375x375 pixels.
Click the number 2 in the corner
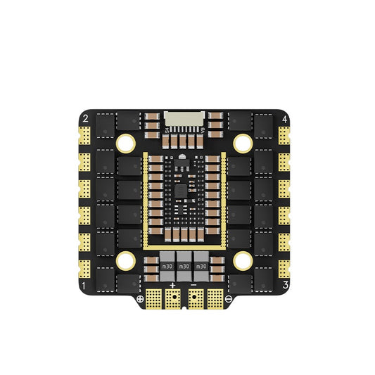(84, 118)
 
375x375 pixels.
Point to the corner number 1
(84, 286)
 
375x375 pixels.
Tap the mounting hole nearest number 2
(127, 143)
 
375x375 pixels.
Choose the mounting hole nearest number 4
(243, 143)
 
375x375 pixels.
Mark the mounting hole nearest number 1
(127, 260)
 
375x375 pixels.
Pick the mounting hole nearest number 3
(243, 260)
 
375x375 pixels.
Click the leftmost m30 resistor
(167, 267)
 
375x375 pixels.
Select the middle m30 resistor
(184, 267)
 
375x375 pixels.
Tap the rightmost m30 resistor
(202, 267)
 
